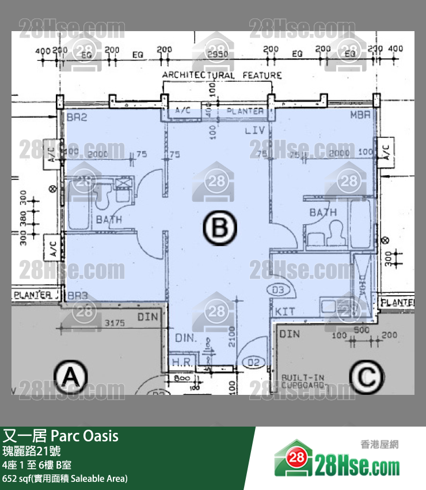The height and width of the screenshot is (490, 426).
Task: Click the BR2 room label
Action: [76, 116]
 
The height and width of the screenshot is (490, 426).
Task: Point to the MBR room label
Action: [360, 116]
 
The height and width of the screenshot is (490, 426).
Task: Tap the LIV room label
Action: [254, 131]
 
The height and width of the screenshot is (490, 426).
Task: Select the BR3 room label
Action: [77, 296]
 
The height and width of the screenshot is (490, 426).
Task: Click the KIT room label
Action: [285, 311]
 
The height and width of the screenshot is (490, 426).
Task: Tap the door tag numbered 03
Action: [279, 289]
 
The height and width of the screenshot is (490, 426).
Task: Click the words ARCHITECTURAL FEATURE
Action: [222, 75]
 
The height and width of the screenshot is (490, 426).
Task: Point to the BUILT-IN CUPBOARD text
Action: [302, 381]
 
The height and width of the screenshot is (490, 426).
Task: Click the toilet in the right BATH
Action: [335, 232]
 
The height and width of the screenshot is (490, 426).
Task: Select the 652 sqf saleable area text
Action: [64, 478]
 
